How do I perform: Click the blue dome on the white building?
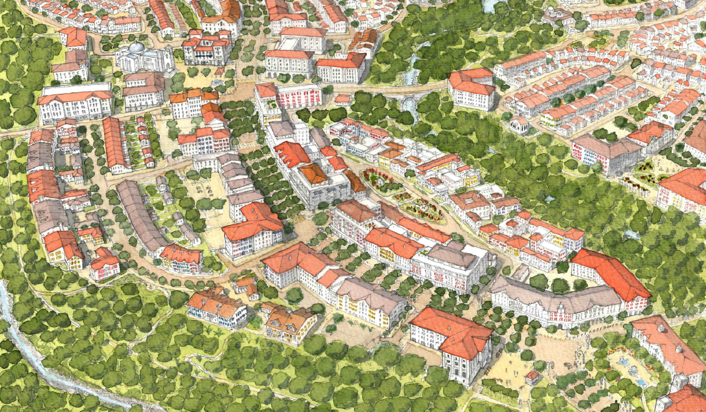pyautogui.click(x=136, y=48)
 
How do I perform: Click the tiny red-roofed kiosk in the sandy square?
pyautogui.click(x=532, y=377)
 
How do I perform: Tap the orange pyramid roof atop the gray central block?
pyautogui.click(x=314, y=174)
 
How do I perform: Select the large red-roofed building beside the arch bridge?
pyautogui.click(x=472, y=88)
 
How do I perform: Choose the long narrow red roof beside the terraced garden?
pyautogui.click(x=114, y=143)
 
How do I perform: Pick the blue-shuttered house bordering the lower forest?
pyautogui.click(x=216, y=309)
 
